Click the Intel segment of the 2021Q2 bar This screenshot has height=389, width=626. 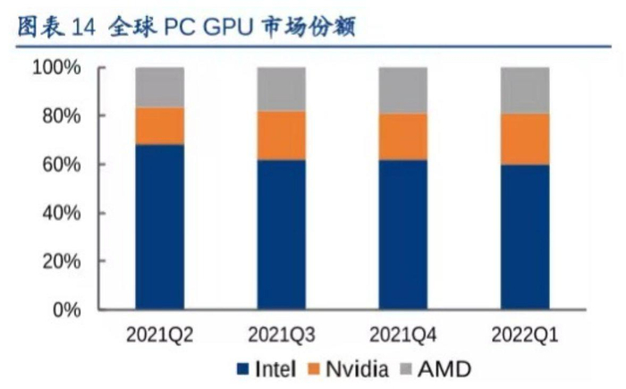160,227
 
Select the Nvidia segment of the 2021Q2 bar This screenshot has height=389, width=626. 160,126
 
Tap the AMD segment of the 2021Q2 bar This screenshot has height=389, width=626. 160,87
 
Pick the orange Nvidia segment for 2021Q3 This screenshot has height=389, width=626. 282,135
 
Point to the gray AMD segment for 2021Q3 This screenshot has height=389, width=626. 282,89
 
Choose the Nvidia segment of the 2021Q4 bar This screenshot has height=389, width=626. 403,137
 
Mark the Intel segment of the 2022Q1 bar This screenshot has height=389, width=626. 525,237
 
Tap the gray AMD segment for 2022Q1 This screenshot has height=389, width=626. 525,89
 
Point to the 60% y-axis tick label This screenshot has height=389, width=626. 61,165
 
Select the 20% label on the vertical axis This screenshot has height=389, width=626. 61,262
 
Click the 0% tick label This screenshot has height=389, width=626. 66,310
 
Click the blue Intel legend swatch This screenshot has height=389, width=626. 241,368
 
